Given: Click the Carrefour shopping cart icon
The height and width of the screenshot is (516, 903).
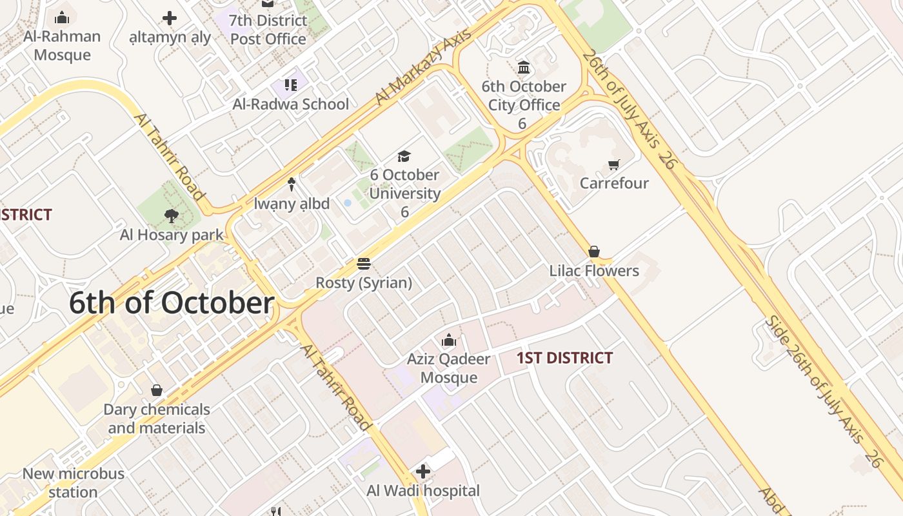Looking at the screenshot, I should [613, 165].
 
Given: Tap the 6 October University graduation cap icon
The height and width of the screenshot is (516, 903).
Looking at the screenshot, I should [404, 156].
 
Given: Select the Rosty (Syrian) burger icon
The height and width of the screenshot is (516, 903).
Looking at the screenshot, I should [364, 264].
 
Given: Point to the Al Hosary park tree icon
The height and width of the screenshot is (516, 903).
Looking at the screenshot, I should [171, 216].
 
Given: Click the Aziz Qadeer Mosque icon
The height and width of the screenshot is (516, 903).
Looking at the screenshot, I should [449, 340].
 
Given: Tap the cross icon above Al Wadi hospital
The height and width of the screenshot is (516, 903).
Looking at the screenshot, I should [423, 471].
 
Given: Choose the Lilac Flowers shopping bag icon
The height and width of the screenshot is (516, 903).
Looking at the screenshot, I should [594, 252].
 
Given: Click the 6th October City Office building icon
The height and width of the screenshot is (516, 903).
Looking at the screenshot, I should [524, 67].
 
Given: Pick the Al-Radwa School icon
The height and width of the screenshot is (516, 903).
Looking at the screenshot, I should [291, 85].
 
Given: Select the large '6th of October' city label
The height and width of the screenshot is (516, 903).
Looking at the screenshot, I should [172, 303].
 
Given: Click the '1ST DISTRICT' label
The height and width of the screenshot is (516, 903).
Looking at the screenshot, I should [564, 358].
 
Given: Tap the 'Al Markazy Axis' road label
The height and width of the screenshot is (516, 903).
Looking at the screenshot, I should [423, 67].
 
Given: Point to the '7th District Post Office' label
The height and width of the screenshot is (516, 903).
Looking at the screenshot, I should [268, 30].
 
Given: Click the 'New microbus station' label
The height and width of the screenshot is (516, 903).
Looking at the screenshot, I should [73, 482].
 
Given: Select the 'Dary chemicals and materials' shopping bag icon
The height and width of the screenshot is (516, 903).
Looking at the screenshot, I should [156, 390].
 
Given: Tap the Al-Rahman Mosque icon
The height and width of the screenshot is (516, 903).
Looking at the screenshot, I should [63, 17].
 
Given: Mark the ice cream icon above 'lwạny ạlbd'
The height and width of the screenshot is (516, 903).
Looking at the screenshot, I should [292, 184].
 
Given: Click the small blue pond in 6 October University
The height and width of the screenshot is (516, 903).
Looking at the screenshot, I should [348, 203].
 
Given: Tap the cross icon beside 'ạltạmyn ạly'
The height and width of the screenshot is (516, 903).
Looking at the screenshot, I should [170, 18].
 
